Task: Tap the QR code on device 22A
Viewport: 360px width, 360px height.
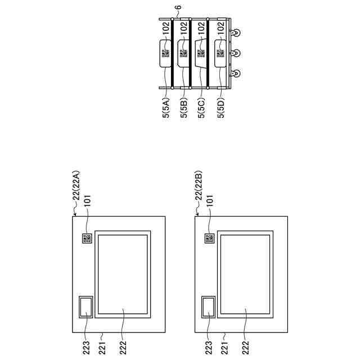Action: [87, 238]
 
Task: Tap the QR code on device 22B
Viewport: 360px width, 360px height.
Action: [209, 238]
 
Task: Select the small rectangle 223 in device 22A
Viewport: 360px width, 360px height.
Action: [87, 307]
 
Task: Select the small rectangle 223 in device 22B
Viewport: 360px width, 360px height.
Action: [208, 307]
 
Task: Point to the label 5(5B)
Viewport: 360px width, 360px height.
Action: [184, 105]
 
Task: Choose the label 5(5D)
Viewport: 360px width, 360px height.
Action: [220, 105]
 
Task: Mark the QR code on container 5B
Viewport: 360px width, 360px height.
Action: [184, 53]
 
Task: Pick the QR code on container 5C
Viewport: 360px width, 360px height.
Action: [201, 53]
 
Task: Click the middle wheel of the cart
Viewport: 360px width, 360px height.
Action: [237, 52]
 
